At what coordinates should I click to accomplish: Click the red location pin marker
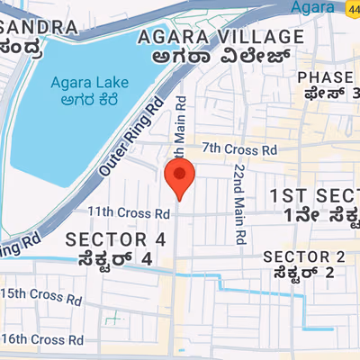(x=180, y=177)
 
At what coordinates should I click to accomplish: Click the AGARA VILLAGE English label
(x=219, y=37)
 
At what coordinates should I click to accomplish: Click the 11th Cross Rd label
(x=129, y=213)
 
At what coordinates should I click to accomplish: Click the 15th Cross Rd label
(x=41, y=293)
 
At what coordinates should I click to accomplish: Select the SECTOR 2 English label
(x=303, y=256)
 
